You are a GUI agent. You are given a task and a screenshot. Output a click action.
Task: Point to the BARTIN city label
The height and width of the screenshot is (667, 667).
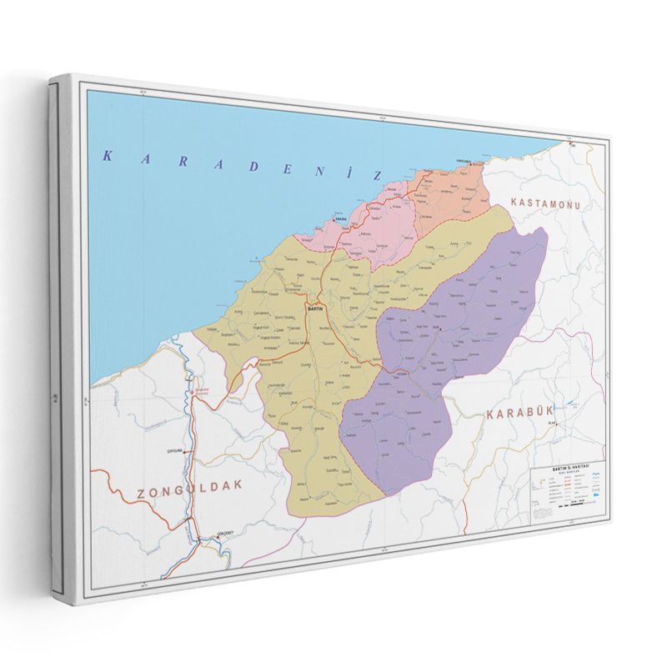[x=316, y=308]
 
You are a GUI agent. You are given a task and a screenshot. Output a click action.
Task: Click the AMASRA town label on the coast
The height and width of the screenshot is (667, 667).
[x=339, y=221]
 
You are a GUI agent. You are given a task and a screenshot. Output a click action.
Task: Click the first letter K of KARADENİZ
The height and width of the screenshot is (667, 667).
[x=107, y=154]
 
